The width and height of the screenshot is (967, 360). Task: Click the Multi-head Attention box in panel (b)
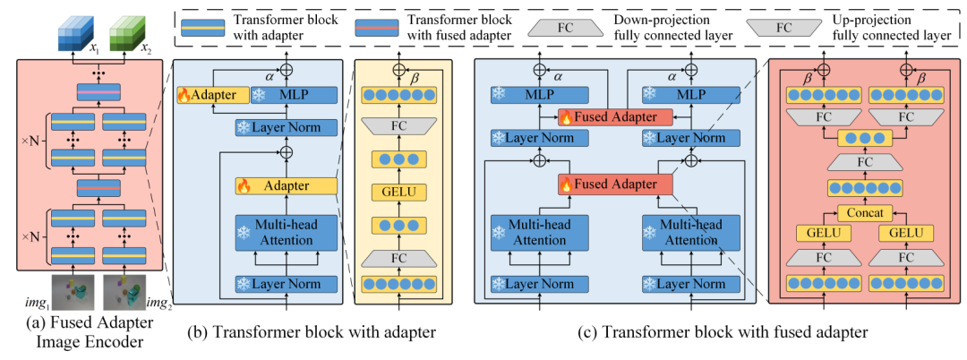(x=287, y=232)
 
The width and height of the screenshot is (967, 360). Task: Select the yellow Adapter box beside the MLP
(x=213, y=95)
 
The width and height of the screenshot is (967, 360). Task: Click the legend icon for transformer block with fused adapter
(x=376, y=28)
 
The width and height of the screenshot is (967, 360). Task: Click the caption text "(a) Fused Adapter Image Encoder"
(x=90, y=331)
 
